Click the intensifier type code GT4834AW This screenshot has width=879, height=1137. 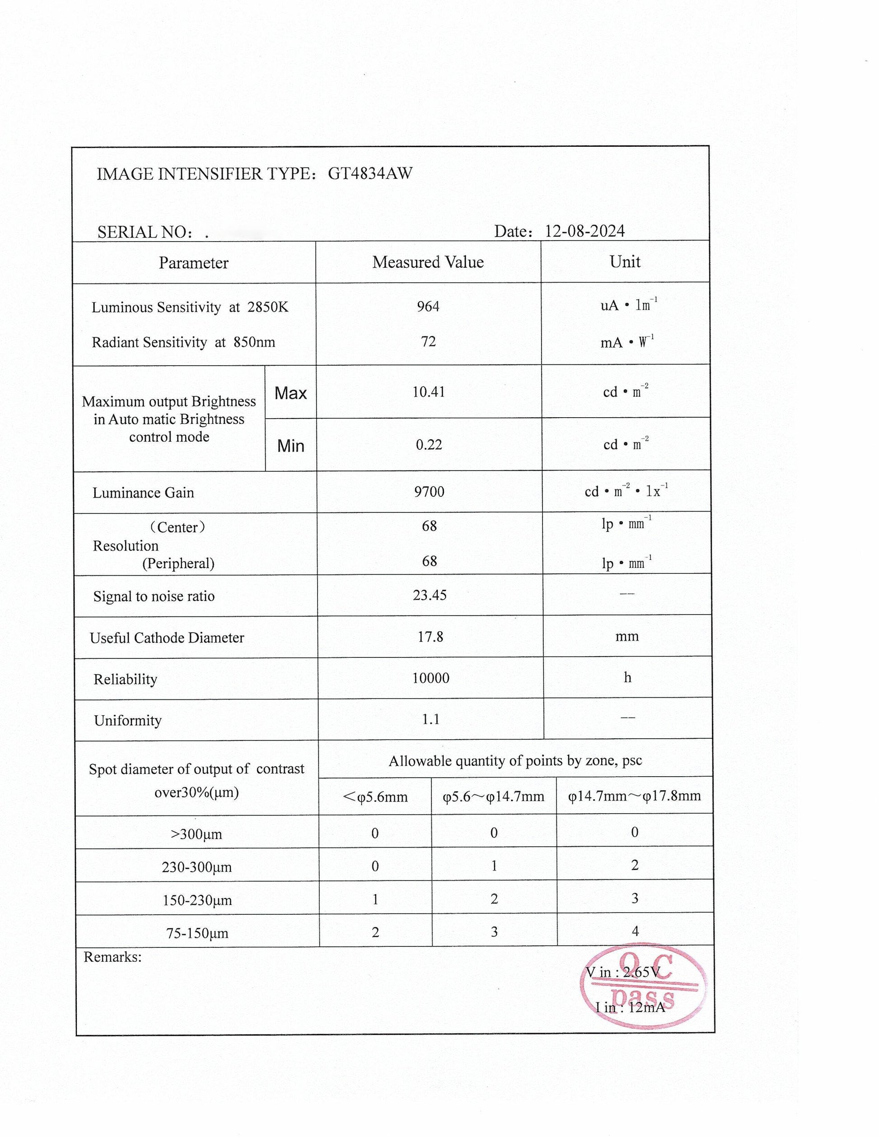[370, 174]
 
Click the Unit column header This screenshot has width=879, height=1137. [624, 262]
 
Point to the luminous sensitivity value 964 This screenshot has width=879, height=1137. [428, 307]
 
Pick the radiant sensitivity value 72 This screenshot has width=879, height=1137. [428, 341]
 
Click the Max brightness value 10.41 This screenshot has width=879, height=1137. [429, 392]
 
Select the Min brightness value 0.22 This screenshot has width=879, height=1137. [429, 445]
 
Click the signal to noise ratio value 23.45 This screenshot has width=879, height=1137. [430, 595]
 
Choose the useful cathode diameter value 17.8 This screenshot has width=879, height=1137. [430, 637]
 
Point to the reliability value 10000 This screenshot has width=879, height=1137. [430, 678]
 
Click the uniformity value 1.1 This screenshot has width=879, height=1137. [430, 719]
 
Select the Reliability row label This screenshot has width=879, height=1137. [125, 680]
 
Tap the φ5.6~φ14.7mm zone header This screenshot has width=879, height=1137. [493, 797]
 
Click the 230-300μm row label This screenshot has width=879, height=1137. [197, 867]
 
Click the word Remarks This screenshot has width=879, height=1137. [112, 957]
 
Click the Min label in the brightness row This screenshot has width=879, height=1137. [290, 446]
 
